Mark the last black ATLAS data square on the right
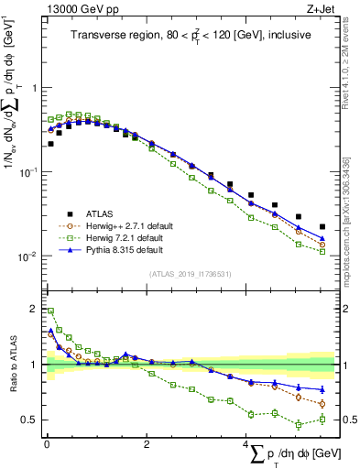point(322,226)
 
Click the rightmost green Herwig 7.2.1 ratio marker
point(322,420)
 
